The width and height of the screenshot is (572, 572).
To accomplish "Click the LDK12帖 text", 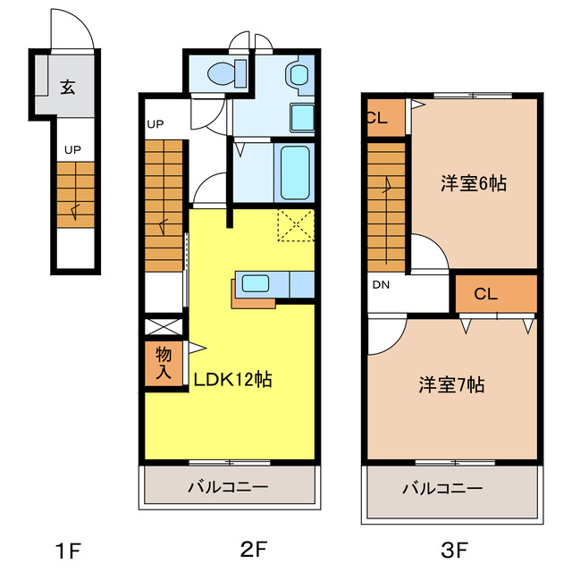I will coord(233,379).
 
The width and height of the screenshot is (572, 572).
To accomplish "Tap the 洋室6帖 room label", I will coord(474,183).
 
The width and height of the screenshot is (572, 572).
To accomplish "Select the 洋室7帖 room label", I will coord(452,385).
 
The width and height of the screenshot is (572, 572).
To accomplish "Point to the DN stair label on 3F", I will coord(381,286).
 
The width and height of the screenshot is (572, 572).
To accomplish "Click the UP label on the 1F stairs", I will coord(72,150).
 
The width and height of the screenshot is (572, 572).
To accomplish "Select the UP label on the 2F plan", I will coord(156,124).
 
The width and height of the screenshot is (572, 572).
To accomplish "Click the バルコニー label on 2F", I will coord(228,488).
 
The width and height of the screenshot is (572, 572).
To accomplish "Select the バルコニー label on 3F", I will coord(442,488).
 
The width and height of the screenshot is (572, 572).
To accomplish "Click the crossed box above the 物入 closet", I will coord(163,325).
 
